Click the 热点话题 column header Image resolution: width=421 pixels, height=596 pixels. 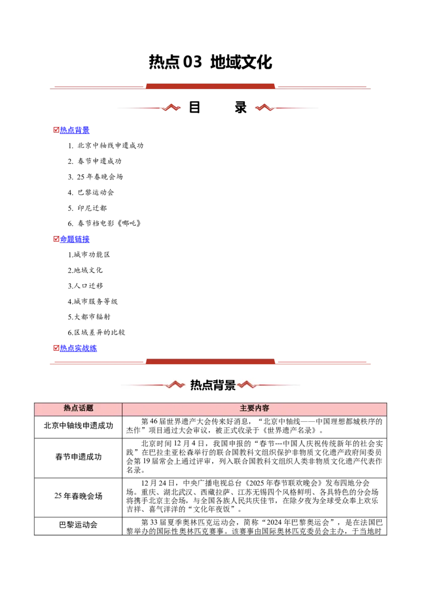78,409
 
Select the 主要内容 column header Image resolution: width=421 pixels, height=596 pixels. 254,409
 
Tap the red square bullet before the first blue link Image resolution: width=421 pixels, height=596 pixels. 55,130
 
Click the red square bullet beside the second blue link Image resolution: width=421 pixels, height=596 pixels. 55,239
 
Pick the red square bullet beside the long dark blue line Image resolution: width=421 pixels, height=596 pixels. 55,348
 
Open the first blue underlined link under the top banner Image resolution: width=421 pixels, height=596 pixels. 75,130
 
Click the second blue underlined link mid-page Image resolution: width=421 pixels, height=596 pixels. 75,239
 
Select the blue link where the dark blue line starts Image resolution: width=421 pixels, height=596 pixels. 78,348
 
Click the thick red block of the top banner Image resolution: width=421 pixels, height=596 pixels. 210,85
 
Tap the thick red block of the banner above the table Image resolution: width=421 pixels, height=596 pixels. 210,361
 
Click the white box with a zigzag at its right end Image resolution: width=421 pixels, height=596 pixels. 153,383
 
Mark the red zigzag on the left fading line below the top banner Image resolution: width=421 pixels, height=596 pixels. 172,107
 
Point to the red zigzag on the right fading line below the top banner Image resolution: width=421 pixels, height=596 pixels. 263,107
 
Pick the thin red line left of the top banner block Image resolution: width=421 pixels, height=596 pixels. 97,87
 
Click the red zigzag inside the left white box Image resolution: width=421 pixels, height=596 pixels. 176,385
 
